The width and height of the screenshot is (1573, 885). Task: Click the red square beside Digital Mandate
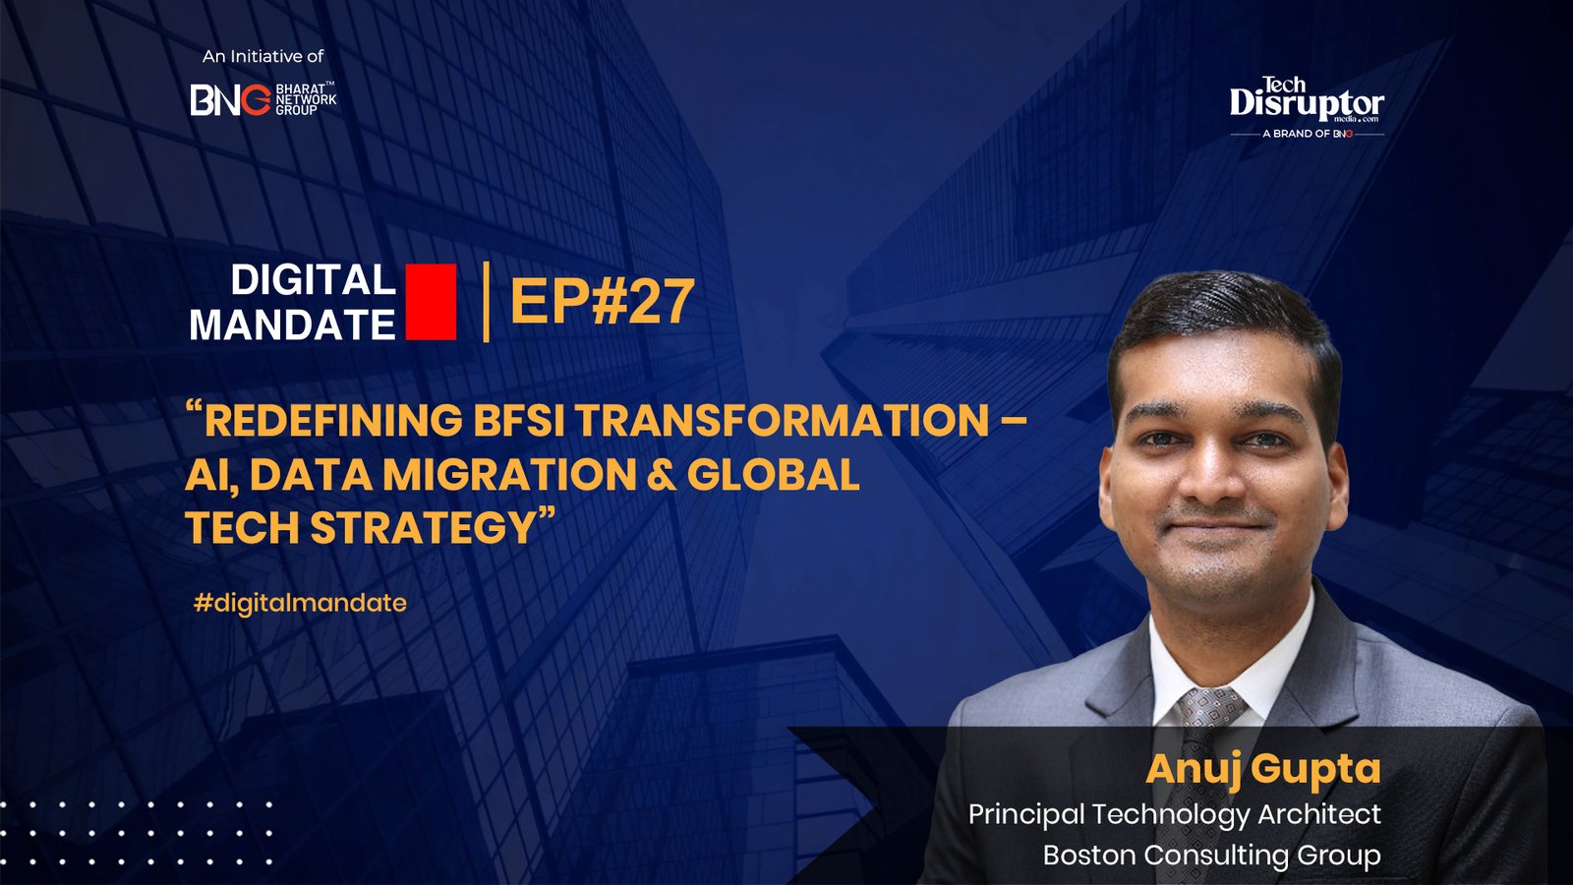431,302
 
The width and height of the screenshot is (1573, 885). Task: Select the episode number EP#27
602,302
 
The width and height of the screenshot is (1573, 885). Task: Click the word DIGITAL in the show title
313,281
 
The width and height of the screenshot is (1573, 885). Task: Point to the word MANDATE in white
292,325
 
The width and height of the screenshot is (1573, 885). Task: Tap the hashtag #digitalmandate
300,603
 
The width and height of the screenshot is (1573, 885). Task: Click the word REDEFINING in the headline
333,421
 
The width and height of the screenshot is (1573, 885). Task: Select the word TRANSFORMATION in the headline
782,421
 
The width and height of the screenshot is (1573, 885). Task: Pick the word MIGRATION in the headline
509,475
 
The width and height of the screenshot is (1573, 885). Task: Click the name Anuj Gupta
1263,769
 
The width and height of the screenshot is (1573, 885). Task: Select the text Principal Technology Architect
1174,814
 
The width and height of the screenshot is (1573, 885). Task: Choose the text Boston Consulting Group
1211,855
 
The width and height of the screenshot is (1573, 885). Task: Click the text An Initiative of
262,57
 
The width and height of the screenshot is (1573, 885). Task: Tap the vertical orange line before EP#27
487,302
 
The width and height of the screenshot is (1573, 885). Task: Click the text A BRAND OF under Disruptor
1296,134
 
